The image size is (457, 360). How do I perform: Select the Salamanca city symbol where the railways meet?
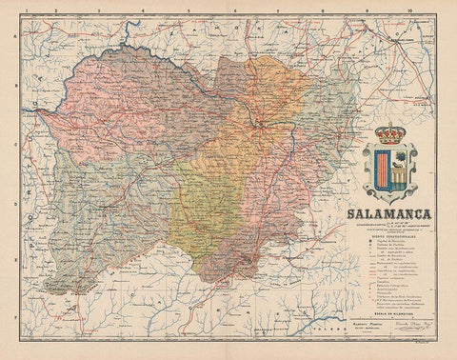click(260, 123)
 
